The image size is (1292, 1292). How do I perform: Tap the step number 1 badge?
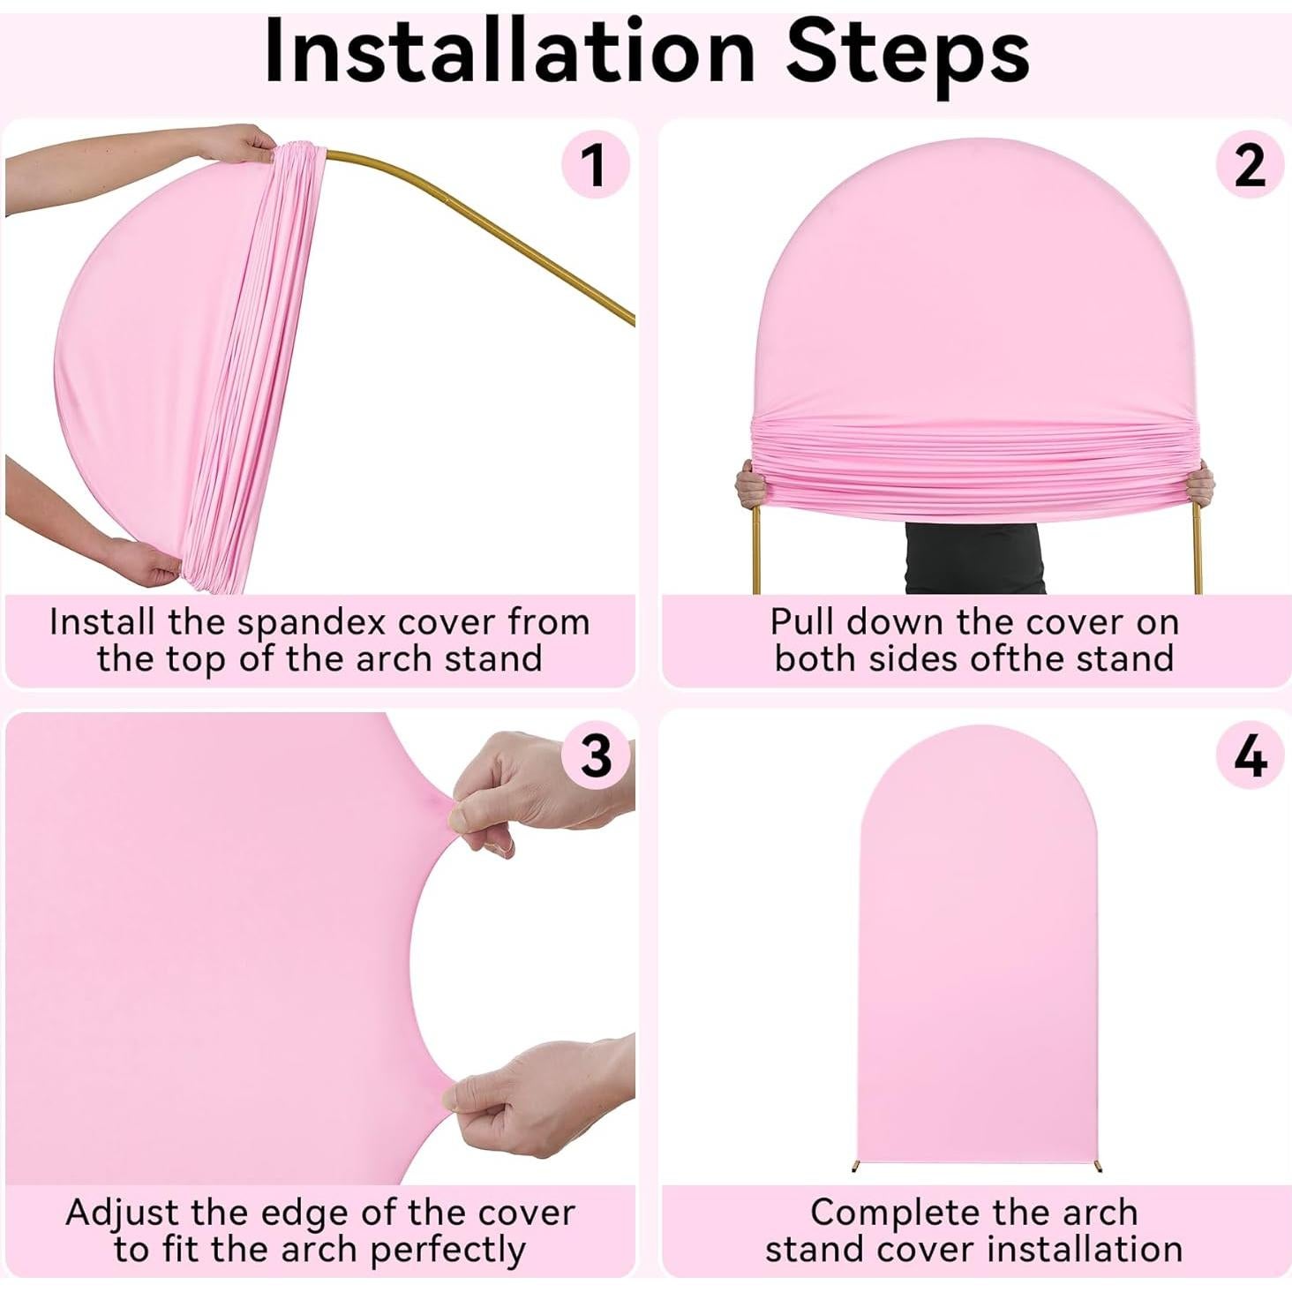595,164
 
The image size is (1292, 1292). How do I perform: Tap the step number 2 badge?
1250,164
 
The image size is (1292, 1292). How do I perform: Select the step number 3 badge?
597,755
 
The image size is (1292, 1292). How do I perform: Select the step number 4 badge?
1250,755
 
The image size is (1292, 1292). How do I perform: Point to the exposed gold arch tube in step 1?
494,221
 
